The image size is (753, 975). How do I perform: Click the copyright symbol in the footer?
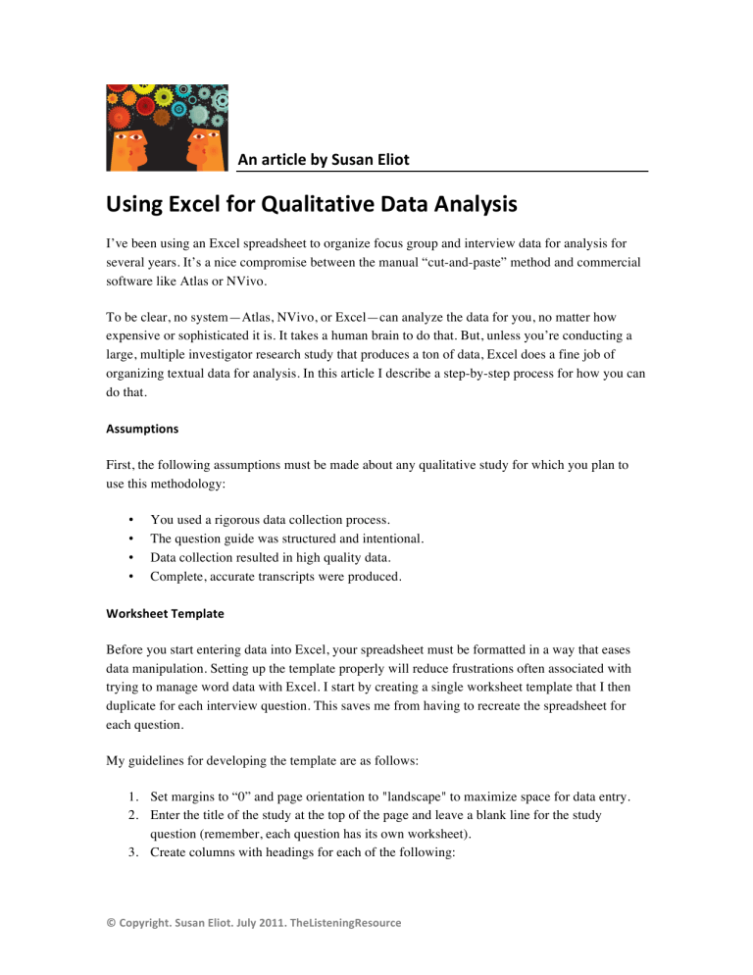[x=113, y=950]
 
